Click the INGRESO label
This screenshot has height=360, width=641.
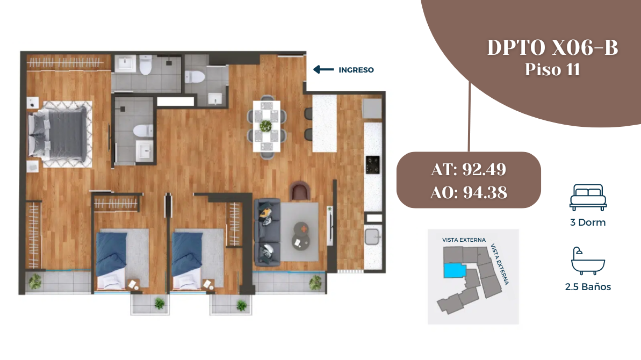[x=356, y=70]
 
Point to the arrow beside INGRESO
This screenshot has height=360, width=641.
[x=323, y=69]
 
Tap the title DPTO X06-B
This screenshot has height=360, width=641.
[x=552, y=47]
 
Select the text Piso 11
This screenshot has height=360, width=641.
[x=552, y=69]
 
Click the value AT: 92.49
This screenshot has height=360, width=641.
[x=469, y=169]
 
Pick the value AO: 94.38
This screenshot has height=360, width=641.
[x=469, y=192]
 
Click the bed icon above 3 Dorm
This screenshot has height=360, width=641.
[x=588, y=197]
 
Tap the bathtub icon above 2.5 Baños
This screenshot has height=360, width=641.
[x=588, y=261]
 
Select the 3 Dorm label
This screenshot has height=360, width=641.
[x=588, y=222]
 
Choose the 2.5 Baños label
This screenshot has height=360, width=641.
[x=588, y=287]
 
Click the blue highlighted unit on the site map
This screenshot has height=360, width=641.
[x=455, y=270]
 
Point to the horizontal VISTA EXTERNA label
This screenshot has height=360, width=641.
[x=464, y=240]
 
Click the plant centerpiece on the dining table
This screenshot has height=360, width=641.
[x=266, y=126]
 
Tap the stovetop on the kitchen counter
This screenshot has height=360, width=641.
[x=372, y=164]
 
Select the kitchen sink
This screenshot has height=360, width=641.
[x=372, y=236]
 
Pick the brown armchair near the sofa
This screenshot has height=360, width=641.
[x=300, y=191]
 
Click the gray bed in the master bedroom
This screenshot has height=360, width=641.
[x=58, y=134]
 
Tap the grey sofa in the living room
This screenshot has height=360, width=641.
[x=268, y=232]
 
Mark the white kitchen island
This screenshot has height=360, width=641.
[x=325, y=124]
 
